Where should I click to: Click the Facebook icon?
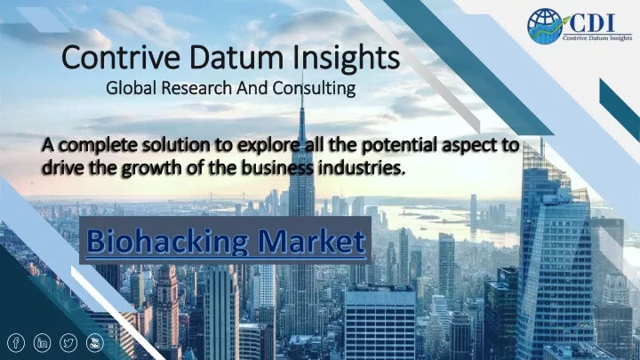[x=16, y=343]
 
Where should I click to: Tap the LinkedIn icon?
[x=42, y=343]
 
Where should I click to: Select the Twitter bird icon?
[x=68, y=343]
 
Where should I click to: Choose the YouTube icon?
[x=95, y=343]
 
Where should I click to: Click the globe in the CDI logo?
[x=545, y=26]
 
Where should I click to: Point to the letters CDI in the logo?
[x=592, y=23]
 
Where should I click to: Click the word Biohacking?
[x=167, y=242]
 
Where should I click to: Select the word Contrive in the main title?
[x=120, y=58]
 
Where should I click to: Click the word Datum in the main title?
[x=236, y=58]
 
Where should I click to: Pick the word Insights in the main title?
[x=346, y=59]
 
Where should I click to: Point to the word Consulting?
[x=314, y=88]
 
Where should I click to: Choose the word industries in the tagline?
[x=362, y=167]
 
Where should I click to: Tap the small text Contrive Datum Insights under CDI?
[x=597, y=38]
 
